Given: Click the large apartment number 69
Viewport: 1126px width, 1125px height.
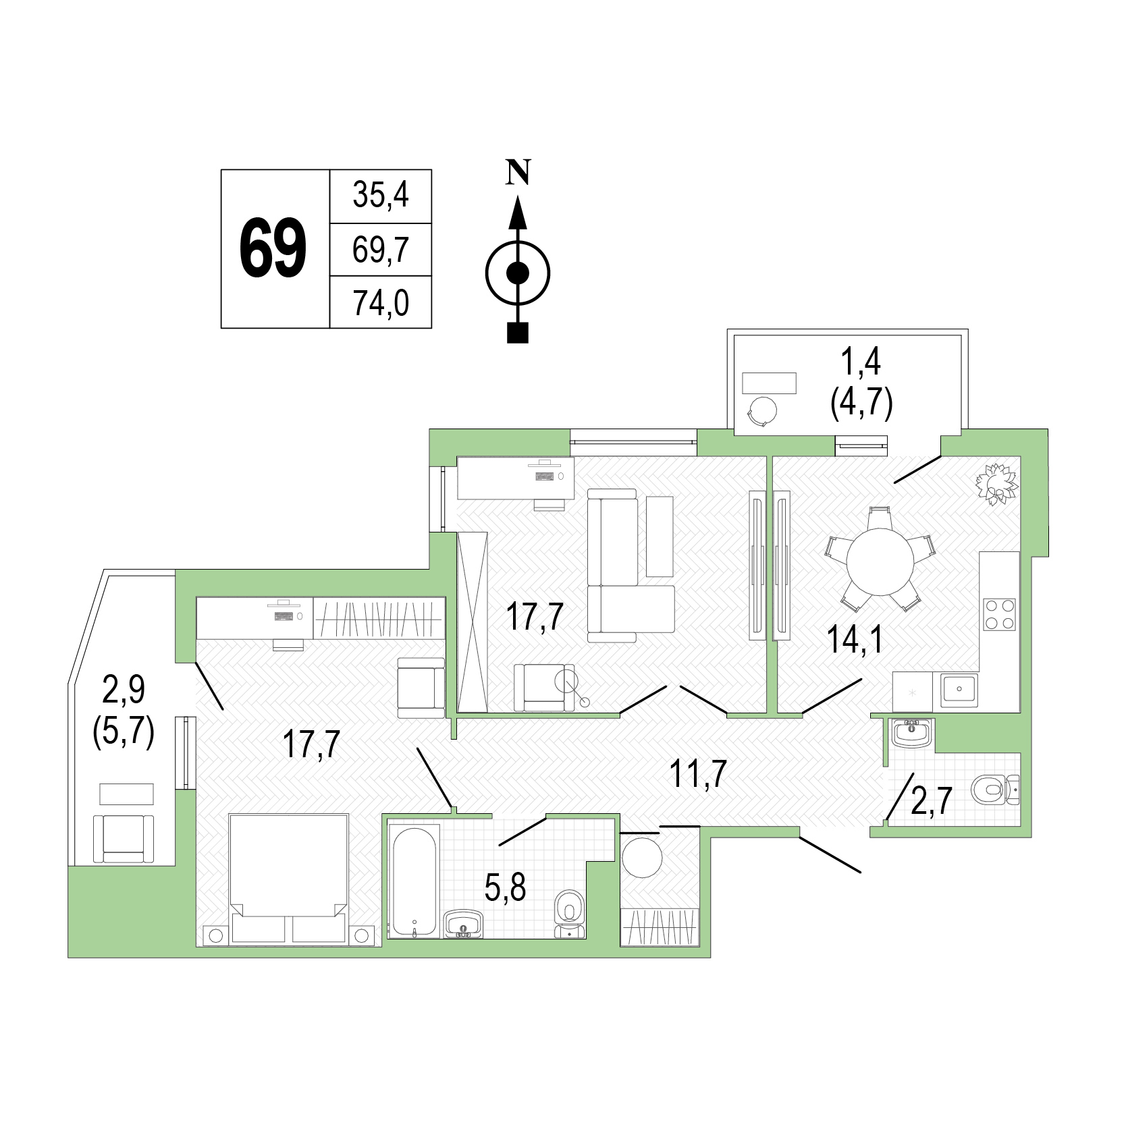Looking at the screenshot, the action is tap(273, 248).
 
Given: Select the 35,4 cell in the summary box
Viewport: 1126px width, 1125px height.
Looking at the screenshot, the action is tap(381, 196).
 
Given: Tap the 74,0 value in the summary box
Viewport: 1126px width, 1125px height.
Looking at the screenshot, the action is tap(381, 303).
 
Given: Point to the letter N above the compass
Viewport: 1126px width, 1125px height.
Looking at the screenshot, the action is tap(518, 172).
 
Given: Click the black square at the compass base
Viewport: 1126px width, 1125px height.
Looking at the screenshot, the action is tap(518, 333).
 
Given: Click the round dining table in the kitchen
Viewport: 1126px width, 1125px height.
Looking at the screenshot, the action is tap(880, 561).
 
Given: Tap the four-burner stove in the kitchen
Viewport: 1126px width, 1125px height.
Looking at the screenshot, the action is tap(1000, 614).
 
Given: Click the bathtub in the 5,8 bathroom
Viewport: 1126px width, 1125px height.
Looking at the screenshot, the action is tap(415, 881).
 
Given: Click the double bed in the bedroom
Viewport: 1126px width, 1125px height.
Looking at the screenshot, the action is tap(289, 878).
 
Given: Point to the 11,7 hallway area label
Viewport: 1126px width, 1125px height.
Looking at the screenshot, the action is tap(698, 774).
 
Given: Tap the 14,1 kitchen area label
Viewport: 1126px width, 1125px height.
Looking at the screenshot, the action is tap(855, 640).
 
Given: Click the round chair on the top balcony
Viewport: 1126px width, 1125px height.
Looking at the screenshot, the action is tap(762, 411).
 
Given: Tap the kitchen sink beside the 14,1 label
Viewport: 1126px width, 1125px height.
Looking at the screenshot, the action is tap(959, 689).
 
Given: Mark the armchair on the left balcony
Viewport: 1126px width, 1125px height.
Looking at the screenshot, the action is tap(124, 838).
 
